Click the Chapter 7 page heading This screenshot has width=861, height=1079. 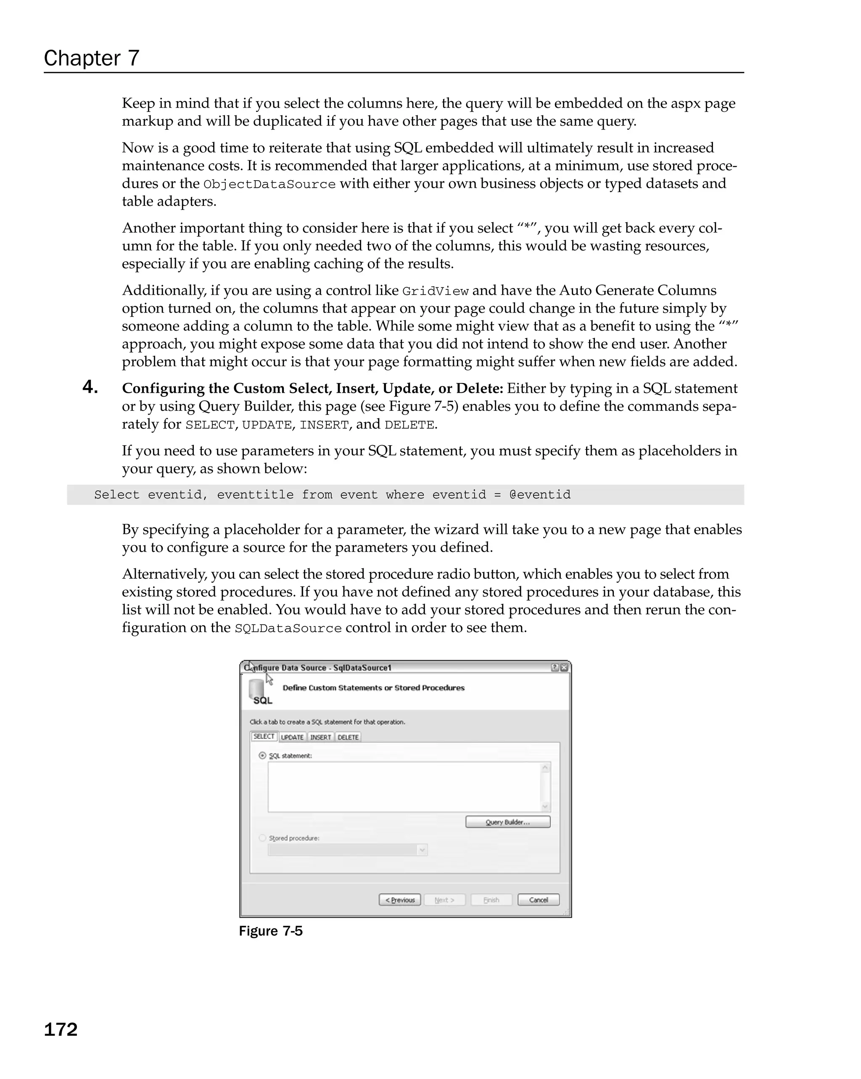point(92,58)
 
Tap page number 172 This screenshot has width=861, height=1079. point(61,1029)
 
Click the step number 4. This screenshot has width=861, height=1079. point(90,387)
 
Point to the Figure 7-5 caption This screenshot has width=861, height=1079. point(270,931)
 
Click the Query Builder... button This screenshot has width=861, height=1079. point(507,822)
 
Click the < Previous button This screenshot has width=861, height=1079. point(399,900)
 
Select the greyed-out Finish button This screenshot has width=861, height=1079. point(491,900)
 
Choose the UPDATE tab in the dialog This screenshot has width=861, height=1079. point(292,737)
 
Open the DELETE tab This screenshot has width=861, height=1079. point(348,737)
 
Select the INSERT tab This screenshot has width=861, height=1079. point(320,737)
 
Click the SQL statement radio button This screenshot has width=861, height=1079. point(262,756)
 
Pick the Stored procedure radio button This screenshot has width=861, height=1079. point(262,838)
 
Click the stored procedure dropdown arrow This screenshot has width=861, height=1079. point(422,850)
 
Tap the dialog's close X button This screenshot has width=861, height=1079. point(564,668)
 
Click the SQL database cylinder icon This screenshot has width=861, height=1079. point(257,690)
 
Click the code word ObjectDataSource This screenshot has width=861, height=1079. point(269,184)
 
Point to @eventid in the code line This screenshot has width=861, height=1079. point(539,495)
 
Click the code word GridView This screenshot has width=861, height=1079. point(435,291)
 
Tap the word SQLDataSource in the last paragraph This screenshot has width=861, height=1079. point(288,628)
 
